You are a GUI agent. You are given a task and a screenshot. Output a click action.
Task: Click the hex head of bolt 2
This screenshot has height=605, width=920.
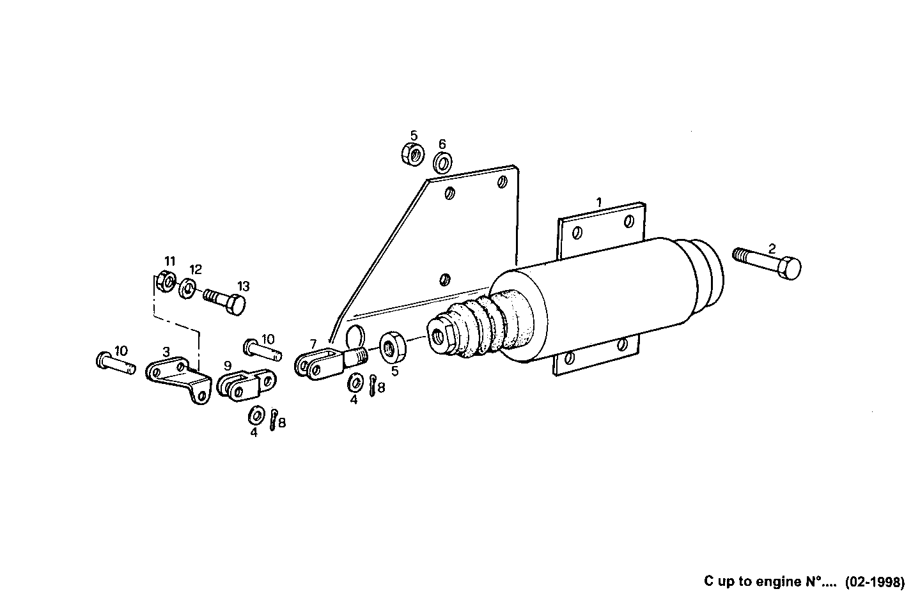790,268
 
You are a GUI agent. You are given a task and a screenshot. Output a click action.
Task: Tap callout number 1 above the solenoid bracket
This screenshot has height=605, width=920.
599,202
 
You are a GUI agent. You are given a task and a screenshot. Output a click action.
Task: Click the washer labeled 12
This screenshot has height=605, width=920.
188,289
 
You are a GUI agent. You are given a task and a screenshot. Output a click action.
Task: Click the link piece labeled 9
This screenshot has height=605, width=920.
246,385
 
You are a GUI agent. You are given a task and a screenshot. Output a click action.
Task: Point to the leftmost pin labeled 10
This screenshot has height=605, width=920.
115,362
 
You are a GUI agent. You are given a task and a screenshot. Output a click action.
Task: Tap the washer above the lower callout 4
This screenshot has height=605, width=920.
254,415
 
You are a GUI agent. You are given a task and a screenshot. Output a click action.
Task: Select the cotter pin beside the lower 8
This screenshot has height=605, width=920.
273,420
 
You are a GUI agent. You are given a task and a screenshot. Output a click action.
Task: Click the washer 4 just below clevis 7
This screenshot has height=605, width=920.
354,383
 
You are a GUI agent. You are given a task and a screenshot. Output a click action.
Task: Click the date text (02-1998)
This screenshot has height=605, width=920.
875,582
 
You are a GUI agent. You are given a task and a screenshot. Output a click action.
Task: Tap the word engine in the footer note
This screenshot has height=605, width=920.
777,582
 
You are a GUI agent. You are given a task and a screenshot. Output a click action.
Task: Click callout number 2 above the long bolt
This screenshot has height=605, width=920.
772,249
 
